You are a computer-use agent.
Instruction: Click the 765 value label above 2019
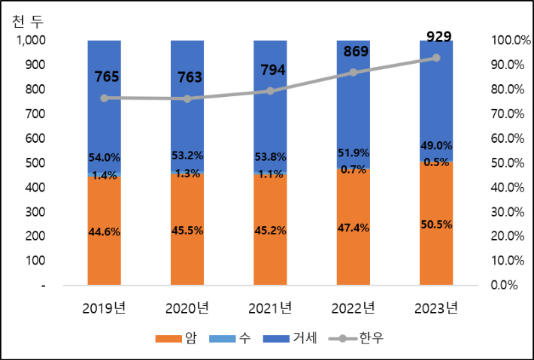tap(105, 76)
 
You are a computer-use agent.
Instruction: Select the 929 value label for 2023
tap(436, 35)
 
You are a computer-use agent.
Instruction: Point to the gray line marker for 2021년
tap(270, 91)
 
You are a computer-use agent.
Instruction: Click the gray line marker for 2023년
tap(436, 58)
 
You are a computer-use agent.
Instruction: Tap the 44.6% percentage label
tap(105, 231)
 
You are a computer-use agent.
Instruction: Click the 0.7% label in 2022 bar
tap(353, 170)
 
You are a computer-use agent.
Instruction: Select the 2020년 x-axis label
tap(187, 308)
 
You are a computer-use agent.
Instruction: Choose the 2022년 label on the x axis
tap(353, 308)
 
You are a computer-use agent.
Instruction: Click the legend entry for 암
tap(174, 338)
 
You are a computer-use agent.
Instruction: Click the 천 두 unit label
tap(28, 20)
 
